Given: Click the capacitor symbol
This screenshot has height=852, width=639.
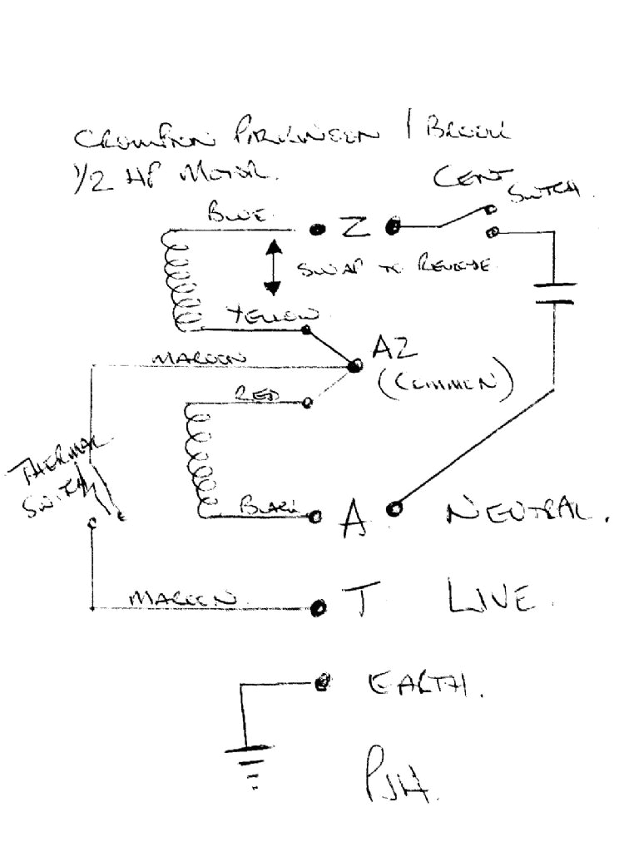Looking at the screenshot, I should pos(553,292).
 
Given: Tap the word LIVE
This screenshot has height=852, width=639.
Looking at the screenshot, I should pos(488,597).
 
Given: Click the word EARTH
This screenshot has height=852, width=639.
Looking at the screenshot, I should pos(425,686).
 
